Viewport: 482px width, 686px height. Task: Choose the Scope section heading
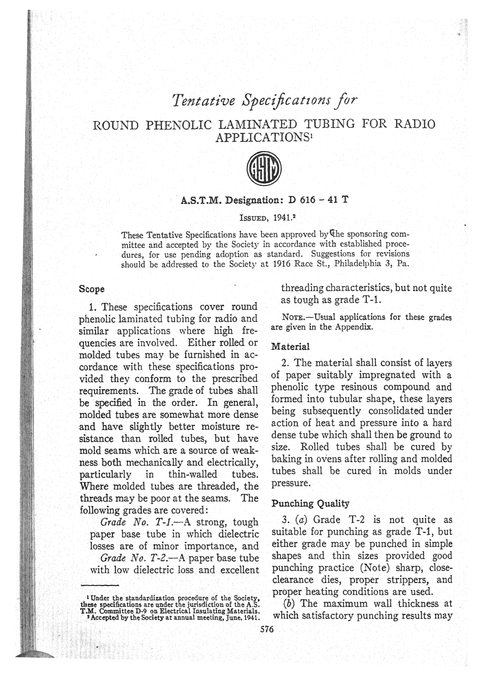(92, 289)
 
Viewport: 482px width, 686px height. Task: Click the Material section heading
(291, 347)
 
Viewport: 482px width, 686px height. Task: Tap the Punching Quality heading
(311, 504)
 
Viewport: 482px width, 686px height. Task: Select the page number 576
(266, 629)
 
